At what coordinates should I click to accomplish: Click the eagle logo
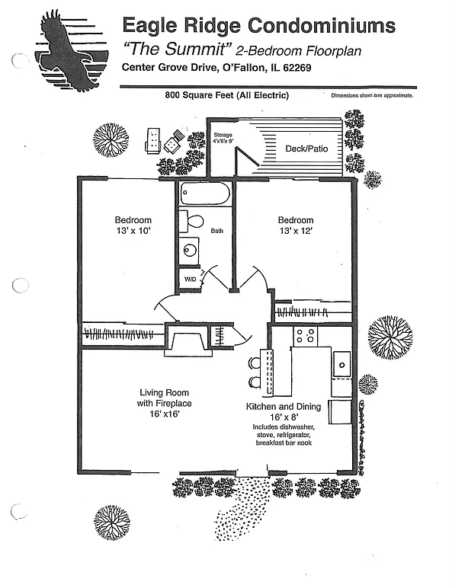point(64,52)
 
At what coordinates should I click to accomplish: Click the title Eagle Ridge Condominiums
point(259,26)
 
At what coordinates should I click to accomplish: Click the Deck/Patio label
point(306,149)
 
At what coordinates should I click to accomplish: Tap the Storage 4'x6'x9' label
point(222,139)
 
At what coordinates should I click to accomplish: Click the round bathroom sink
point(188,249)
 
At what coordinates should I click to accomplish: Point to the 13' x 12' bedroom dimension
point(296,230)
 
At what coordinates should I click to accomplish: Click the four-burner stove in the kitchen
point(306,335)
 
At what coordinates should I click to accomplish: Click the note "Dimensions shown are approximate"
point(372,96)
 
